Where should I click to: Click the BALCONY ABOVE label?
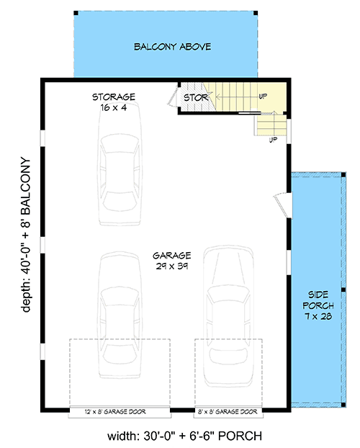tap(172, 48)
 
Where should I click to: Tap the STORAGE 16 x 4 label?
tap(114, 102)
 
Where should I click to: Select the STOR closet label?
tap(195, 97)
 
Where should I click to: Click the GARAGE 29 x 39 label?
tap(171, 261)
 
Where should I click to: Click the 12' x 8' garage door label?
tap(119, 412)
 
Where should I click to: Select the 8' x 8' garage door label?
tap(227, 412)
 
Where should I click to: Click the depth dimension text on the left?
tap(27, 234)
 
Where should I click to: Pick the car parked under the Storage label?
tap(120, 164)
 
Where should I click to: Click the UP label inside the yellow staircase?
tap(263, 95)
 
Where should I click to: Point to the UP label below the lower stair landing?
tap(273, 140)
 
